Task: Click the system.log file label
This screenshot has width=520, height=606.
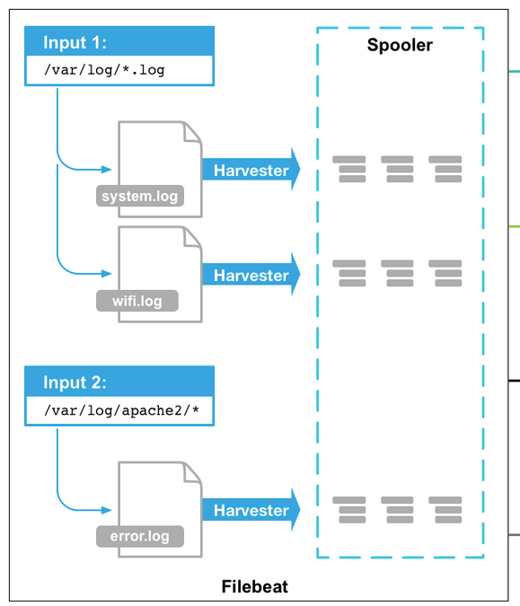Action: point(139,197)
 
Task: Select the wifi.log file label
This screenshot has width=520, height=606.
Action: point(137,301)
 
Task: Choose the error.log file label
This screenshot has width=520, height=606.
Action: point(139,537)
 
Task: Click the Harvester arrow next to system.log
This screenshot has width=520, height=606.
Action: point(251,171)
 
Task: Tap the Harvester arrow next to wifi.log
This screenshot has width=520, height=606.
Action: point(251,275)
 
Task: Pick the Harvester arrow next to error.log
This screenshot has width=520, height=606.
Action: point(251,510)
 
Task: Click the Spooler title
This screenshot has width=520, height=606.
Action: point(400,45)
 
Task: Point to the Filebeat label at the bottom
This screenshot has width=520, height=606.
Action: point(255,587)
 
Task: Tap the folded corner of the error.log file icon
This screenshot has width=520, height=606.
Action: point(192,471)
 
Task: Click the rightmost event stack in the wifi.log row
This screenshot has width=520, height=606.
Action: point(445,273)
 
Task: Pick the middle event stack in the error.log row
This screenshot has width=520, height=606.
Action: point(398,509)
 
